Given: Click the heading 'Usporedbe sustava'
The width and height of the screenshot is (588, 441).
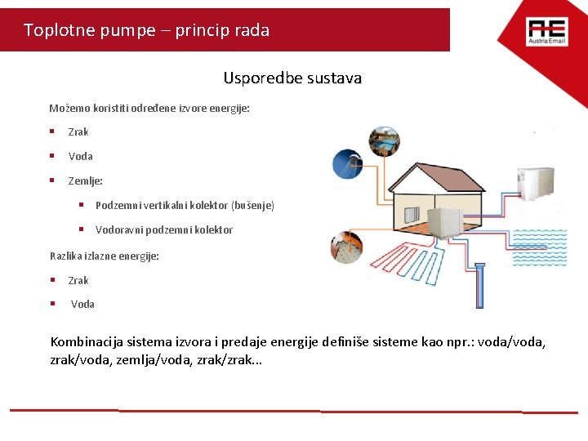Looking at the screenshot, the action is (x=292, y=78).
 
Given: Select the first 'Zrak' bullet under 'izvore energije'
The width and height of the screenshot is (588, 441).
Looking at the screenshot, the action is (x=78, y=131).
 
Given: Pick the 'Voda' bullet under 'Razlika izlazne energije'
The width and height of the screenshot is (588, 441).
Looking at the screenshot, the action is (x=82, y=304).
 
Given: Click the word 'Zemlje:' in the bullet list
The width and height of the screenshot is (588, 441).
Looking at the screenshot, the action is (x=85, y=180).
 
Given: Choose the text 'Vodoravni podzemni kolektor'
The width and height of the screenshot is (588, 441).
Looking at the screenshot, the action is (x=163, y=229).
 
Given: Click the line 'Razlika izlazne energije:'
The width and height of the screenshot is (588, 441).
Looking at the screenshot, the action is (x=105, y=256).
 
